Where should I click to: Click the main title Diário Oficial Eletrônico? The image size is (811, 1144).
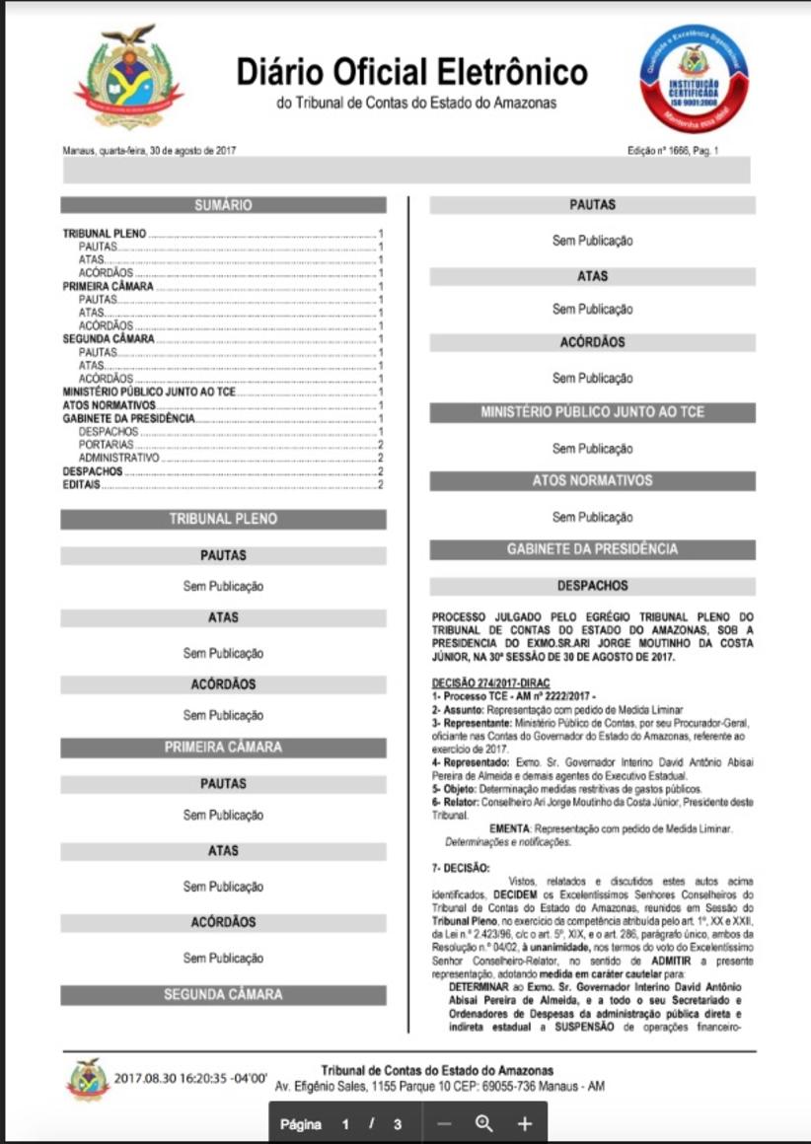[411, 72]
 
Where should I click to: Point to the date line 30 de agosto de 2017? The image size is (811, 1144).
[149, 151]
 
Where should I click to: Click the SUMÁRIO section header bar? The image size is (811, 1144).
[223, 205]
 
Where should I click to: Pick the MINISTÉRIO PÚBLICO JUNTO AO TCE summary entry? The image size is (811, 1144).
[149, 392]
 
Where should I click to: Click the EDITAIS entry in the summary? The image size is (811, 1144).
[82, 483]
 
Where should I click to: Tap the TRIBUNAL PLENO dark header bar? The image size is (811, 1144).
[223, 519]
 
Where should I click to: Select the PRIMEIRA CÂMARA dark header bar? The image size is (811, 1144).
[223, 748]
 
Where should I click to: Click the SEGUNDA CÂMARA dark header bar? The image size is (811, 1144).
[223, 995]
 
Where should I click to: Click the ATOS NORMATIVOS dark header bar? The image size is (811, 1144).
[592, 481]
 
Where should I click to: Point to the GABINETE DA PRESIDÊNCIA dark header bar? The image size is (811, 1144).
[592, 549]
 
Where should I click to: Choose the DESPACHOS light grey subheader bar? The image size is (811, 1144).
[592, 586]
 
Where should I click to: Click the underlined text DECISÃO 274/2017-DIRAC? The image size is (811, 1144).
[490, 683]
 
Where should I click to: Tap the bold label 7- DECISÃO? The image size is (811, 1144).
[461, 868]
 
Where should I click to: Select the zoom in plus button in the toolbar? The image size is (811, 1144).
[525, 1123]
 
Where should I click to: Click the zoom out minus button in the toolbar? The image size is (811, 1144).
[444, 1123]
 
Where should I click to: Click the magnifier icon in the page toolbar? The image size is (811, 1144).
[483, 1123]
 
